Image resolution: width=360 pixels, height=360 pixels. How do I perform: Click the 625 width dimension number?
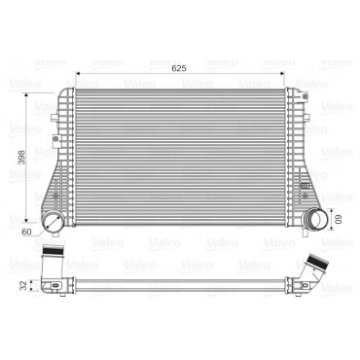179,68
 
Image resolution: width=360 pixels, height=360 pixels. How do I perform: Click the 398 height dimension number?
21,157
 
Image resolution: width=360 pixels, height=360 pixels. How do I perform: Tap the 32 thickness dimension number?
23,285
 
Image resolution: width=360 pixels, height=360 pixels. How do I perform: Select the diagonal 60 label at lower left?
26,232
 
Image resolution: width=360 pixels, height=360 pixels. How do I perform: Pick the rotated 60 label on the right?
340,220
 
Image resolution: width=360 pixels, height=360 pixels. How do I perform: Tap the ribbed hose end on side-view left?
54,250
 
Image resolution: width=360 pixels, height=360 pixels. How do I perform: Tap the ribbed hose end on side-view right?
317,261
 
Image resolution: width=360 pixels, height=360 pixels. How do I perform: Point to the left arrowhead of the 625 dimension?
78,74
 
